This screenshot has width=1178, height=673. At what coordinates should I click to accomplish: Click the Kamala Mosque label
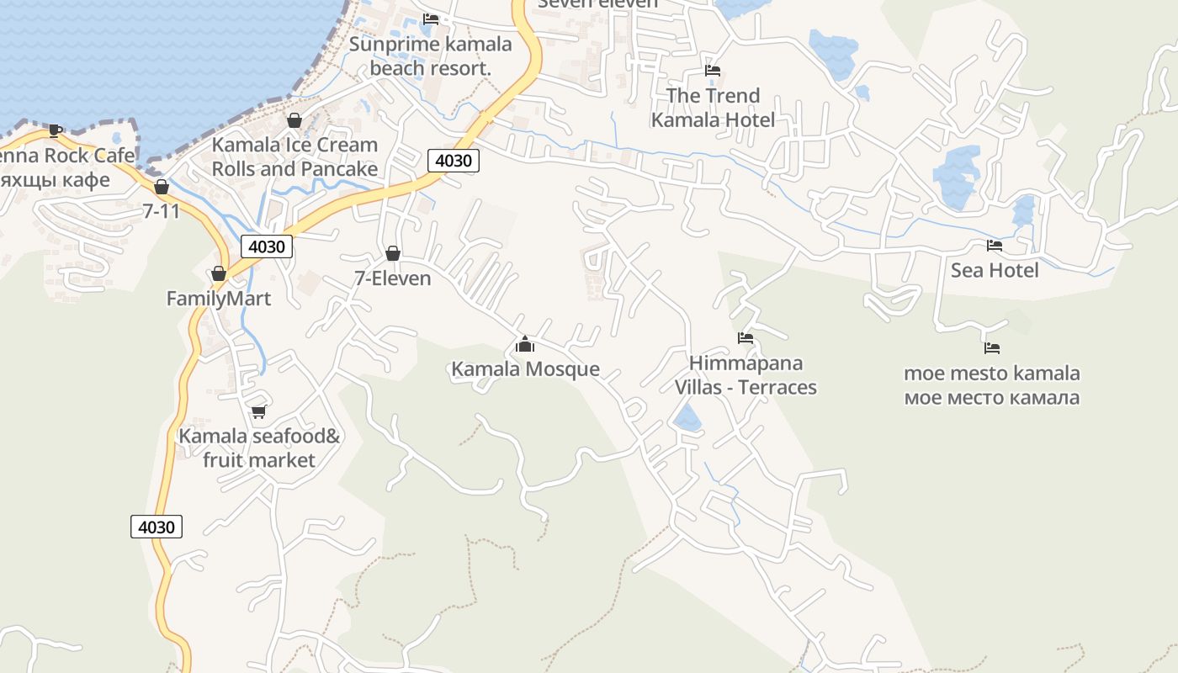(525, 368)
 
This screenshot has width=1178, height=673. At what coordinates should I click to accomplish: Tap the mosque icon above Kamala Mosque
(525, 344)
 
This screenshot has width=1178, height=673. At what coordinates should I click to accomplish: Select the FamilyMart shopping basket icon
(219, 273)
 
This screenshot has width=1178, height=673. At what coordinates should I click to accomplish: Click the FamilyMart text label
(219, 299)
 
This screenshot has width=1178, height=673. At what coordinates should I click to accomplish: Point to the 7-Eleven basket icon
(392, 253)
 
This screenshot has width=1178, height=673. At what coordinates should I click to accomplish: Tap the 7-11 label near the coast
(162, 210)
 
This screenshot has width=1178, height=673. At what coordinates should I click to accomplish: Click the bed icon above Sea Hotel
(995, 246)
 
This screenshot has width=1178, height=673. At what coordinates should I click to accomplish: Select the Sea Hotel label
(995, 270)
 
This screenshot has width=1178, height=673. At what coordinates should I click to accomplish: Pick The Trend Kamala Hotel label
(713, 108)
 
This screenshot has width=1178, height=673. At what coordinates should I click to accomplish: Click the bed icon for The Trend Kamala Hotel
(713, 71)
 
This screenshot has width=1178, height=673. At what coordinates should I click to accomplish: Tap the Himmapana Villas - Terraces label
(746, 375)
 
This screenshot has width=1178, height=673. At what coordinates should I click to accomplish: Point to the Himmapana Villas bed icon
(746, 338)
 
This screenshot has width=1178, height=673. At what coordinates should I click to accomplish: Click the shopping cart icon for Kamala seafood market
(259, 411)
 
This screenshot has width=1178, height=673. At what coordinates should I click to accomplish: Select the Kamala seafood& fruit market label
(259, 448)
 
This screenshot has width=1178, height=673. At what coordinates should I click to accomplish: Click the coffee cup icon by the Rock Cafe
(56, 130)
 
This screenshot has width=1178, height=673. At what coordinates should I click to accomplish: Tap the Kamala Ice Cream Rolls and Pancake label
(294, 156)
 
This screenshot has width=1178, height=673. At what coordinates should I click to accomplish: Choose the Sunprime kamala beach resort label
(430, 56)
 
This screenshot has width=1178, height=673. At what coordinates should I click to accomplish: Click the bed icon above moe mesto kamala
(992, 347)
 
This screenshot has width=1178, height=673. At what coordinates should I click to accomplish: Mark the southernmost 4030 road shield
(157, 527)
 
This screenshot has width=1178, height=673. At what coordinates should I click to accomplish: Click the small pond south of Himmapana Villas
(687, 417)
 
